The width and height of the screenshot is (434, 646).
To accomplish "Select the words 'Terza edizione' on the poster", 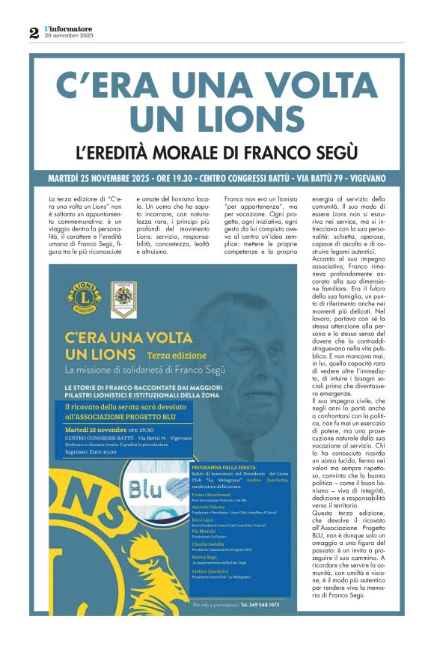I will tap(169, 353).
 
